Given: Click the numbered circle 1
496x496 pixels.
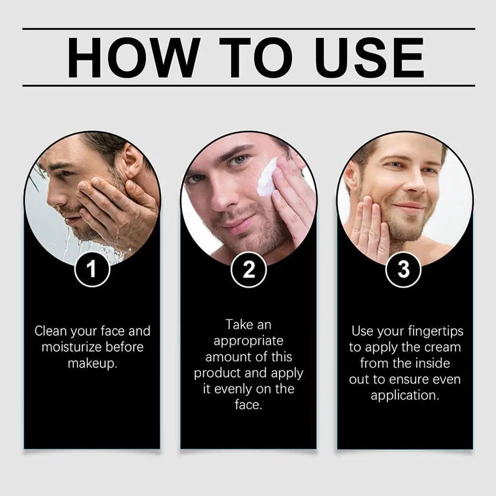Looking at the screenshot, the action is (x=92, y=270).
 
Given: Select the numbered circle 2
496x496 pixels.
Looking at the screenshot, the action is (x=248, y=270).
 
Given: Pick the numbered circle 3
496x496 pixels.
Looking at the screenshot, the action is (x=404, y=270).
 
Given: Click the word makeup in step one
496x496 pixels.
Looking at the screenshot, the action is (x=92, y=364).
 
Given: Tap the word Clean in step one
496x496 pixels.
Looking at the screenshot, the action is (x=51, y=331).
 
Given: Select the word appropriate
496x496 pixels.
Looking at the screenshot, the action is (x=248, y=341).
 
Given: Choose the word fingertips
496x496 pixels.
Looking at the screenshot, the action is (x=436, y=331).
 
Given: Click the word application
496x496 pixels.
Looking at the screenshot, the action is (x=405, y=396).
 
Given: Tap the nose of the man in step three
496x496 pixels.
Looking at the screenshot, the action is (x=413, y=183).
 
